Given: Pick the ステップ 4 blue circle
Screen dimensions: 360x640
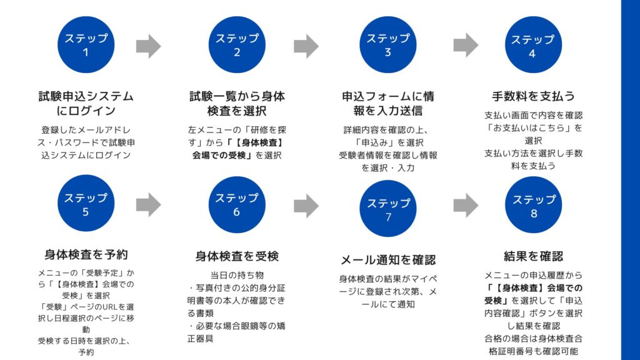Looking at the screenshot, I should [x=532, y=46].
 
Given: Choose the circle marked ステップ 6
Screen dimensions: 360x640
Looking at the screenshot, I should [x=237, y=204].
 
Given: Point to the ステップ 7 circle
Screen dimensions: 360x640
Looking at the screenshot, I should [x=388, y=209].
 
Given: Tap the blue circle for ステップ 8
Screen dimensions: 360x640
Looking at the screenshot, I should [x=533, y=206].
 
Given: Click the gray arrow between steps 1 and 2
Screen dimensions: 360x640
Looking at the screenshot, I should [x=148, y=46].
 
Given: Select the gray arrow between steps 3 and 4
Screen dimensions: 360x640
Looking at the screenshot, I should [x=466, y=45].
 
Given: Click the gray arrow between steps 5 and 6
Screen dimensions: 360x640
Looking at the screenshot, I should [x=148, y=204].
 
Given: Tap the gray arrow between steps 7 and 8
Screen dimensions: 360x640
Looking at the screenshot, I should [x=466, y=205].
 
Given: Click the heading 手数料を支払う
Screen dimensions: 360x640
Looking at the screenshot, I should [x=533, y=96].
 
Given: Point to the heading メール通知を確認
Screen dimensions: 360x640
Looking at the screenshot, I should [x=387, y=260].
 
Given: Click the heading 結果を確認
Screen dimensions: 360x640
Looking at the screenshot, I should [x=533, y=256].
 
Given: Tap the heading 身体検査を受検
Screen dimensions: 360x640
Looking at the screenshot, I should [x=237, y=256].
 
